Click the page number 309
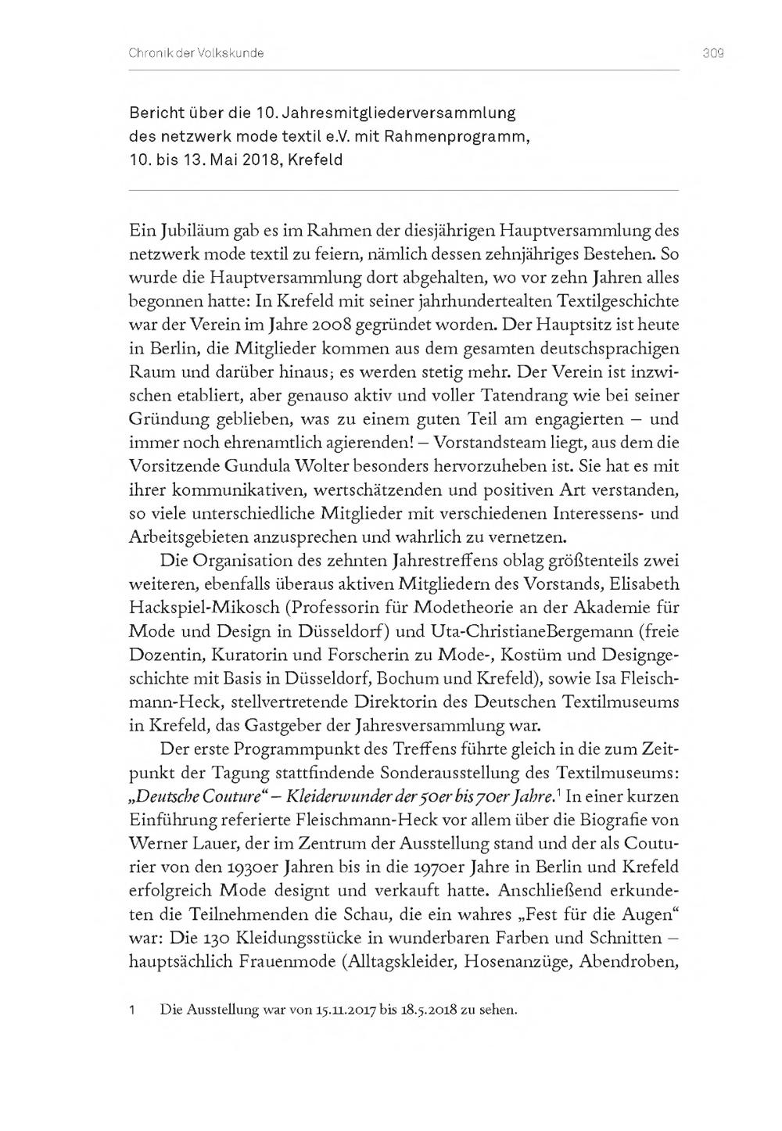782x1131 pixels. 712,53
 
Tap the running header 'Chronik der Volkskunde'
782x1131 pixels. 195,53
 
